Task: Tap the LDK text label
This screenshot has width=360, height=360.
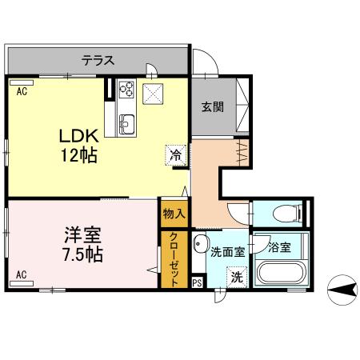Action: click(78, 135)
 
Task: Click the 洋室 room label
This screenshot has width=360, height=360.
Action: click(82, 236)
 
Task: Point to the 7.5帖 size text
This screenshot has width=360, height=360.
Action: click(82, 255)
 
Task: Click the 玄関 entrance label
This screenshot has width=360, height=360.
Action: click(212, 107)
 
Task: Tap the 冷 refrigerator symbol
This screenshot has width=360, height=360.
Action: click(175, 155)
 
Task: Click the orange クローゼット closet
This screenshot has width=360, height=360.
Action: click(173, 260)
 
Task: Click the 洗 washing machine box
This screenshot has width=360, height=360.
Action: click(236, 277)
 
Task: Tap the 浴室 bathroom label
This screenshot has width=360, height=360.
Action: click(279, 247)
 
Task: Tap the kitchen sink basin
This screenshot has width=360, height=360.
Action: click(127, 123)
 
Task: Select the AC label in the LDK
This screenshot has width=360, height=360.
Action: click(21, 91)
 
